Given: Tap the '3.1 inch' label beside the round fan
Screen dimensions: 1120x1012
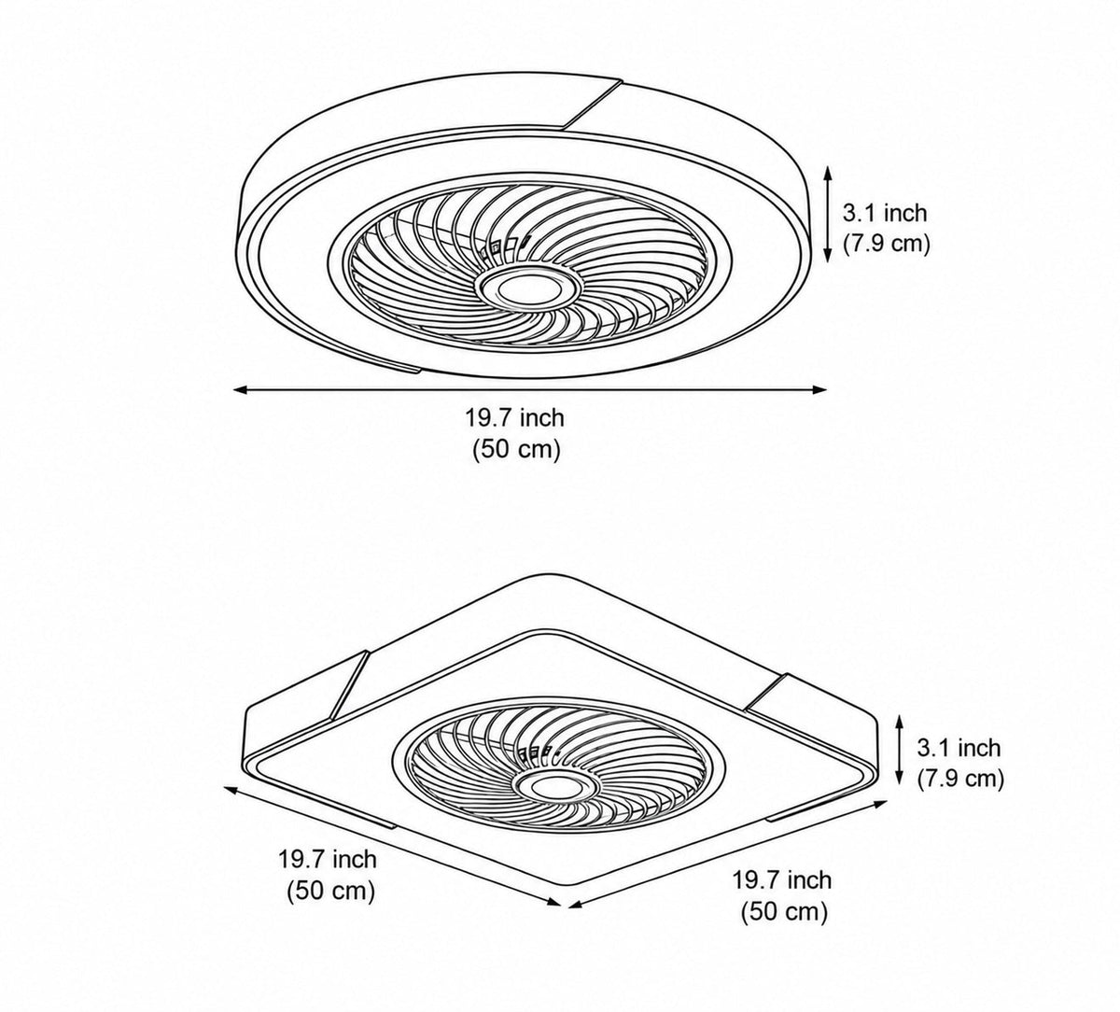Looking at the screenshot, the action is pos(885,213).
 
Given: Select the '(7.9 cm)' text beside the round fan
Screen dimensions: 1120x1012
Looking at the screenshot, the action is pos(887,244).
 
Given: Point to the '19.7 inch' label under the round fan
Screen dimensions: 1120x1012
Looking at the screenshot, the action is pos(515,417).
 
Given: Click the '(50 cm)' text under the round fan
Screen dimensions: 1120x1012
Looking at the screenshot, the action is pos(516,450).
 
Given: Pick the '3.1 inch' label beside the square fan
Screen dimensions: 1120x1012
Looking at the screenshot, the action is pos(959,748).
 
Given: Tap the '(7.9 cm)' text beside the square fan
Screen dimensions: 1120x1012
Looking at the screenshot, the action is pos(960,779).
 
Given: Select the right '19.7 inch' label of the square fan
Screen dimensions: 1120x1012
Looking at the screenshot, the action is pos(781,880).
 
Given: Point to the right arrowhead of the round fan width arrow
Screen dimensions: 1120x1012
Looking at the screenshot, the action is pos(819,390).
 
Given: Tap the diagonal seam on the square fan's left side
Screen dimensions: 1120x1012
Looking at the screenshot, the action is pos(348,684).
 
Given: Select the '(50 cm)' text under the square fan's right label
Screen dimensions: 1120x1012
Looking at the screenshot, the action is pos(784,912).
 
